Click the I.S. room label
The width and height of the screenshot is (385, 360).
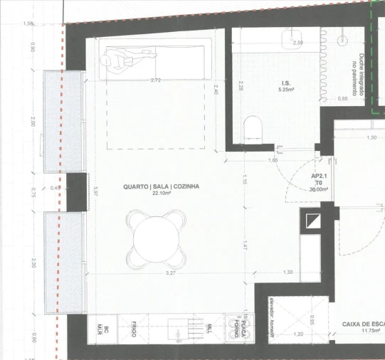[286, 83]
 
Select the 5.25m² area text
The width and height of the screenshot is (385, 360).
[287, 90]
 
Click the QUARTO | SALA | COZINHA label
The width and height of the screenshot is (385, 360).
[161, 186]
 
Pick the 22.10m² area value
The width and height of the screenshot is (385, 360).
[161, 193]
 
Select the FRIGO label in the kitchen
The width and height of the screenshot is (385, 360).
[134, 329]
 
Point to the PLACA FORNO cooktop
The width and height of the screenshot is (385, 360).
[239, 329]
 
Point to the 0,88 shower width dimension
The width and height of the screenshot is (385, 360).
[343, 99]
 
